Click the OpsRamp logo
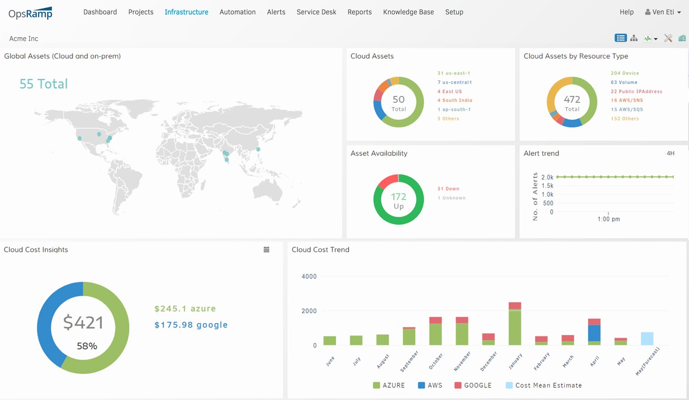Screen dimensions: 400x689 pos(30,13)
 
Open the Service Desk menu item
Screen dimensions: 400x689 pos(316,12)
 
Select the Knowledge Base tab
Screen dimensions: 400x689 pos(408,12)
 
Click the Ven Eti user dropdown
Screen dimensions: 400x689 pos(662,12)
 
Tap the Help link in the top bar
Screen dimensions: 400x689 pos(626,12)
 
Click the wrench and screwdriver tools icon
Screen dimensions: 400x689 pos(668,39)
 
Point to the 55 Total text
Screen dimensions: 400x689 pos(44,84)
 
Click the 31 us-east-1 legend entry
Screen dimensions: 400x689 pos(453,73)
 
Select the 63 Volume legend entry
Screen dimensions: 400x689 pos(624,83)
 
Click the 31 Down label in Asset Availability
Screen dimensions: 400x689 pos(448,189)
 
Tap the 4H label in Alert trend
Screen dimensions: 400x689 pos(670,153)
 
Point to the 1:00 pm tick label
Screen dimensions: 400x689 pos(608,219)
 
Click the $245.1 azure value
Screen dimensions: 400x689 pos(185,309)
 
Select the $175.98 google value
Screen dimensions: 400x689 pos(191,325)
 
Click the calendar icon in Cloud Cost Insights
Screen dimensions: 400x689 pos(266,250)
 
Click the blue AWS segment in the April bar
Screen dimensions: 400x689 pos(594,333)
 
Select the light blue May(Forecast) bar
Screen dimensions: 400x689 pos(647,339)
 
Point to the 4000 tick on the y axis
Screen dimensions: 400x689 pos(309,277)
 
